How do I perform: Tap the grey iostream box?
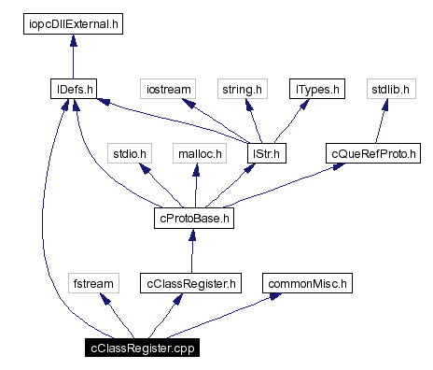(x=168, y=91)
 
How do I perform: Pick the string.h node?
(x=243, y=91)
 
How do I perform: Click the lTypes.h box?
(x=316, y=91)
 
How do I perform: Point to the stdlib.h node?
(x=385, y=91)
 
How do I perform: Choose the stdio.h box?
(x=130, y=152)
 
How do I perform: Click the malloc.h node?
(x=198, y=152)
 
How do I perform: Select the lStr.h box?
(x=265, y=152)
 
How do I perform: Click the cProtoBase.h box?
(x=192, y=220)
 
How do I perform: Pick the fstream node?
(x=94, y=282)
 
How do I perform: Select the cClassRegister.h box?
(x=190, y=282)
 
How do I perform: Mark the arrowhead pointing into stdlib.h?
(x=384, y=107)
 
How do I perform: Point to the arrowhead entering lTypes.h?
(x=307, y=107)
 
